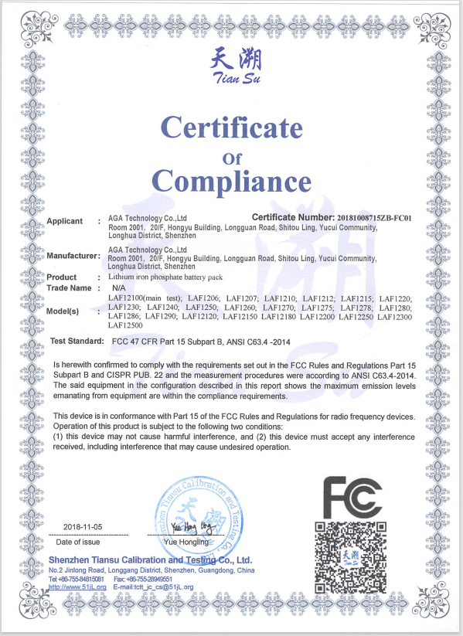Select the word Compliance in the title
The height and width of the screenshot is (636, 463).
point(231,182)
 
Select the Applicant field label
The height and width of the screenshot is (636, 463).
point(65,222)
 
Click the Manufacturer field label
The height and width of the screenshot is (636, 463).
point(74,255)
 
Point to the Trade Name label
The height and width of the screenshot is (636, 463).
point(70,288)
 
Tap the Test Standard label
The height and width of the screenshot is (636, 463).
point(77,341)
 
